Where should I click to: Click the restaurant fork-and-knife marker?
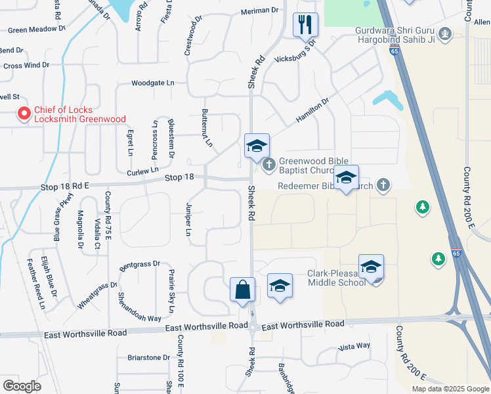(x=305, y=25)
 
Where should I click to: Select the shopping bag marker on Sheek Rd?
(x=242, y=289)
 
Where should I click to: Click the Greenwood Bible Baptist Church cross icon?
(x=268, y=164)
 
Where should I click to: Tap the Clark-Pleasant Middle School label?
(x=336, y=278)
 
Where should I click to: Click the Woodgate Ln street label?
(x=153, y=83)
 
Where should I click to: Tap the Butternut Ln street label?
(x=207, y=127)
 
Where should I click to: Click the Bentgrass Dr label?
(x=139, y=266)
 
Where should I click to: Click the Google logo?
(x=22, y=385)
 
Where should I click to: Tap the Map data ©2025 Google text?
(x=450, y=389)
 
